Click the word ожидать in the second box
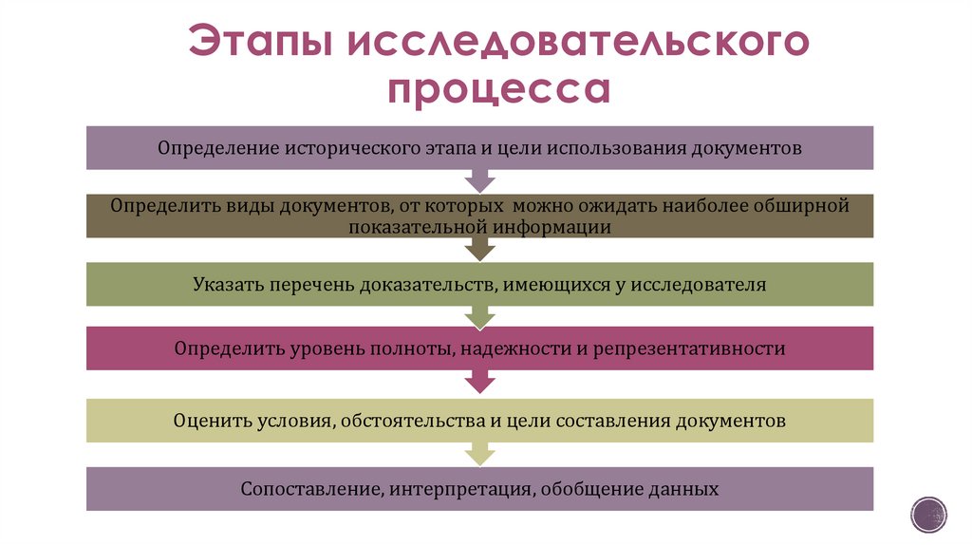point(616,205)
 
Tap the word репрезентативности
point(691,348)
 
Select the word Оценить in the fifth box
point(212,420)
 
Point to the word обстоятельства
point(412,420)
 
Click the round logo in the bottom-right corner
point(927,514)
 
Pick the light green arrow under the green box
point(480,315)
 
